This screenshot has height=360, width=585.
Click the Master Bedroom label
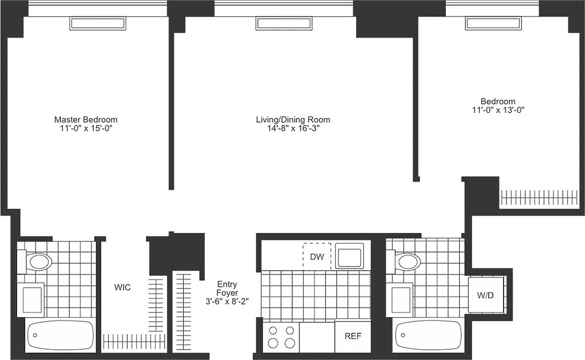(85, 120)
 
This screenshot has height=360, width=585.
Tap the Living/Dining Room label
(293, 120)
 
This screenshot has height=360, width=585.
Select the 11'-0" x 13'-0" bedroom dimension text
(498, 110)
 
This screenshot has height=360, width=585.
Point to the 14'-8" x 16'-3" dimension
(293, 128)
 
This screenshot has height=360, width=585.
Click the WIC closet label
(122, 287)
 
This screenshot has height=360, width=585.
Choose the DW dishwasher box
(317, 256)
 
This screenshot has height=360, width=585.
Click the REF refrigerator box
(353, 336)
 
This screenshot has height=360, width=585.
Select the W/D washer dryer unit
(485, 296)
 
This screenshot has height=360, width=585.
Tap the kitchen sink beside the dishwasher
(350, 256)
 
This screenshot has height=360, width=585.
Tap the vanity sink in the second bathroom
(401, 299)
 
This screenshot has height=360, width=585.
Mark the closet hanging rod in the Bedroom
(538, 197)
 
